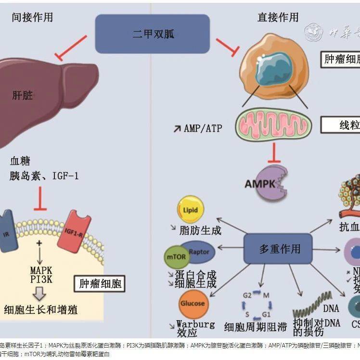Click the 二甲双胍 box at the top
pos(152,34)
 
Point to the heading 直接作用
pos(278,18)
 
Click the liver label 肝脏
pos(23,95)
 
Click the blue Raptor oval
pos(198,251)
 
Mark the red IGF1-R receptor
pos(74,231)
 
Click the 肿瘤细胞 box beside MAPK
pos(99,284)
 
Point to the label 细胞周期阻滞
pos(255,327)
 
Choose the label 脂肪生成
pos(199,230)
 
